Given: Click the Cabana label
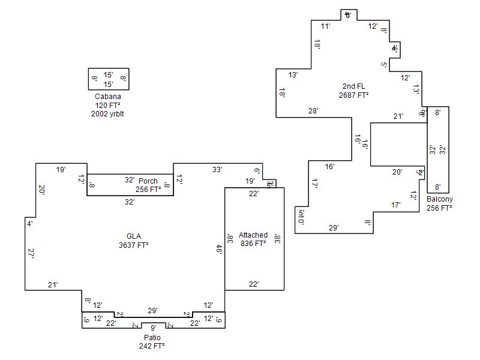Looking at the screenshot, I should click(x=108, y=97).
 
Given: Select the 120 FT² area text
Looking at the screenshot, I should click(x=108, y=105).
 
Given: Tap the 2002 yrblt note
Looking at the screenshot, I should click(x=108, y=113).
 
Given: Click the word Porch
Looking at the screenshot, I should click(x=148, y=181).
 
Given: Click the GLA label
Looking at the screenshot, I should click(x=134, y=236).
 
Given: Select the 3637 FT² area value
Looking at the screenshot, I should click(x=134, y=245).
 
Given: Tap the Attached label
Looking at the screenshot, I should click(x=253, y=235).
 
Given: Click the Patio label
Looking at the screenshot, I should click(x=152, y=337).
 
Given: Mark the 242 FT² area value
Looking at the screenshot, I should click(x=152, y=346).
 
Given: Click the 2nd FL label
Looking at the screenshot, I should click(x=353, y=86).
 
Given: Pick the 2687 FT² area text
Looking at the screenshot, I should click(x=353, y=95).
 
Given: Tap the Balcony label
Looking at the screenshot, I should click(x=440, y=199).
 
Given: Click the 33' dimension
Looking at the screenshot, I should click(x=217, y=170).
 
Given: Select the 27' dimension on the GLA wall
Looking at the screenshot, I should click(x=31, y=253).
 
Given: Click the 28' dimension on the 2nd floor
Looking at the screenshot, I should click(x=313, y=111).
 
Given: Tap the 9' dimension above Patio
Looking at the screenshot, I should click(x=153, y=328).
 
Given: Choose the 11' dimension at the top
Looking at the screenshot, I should click(x=325, y=26).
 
